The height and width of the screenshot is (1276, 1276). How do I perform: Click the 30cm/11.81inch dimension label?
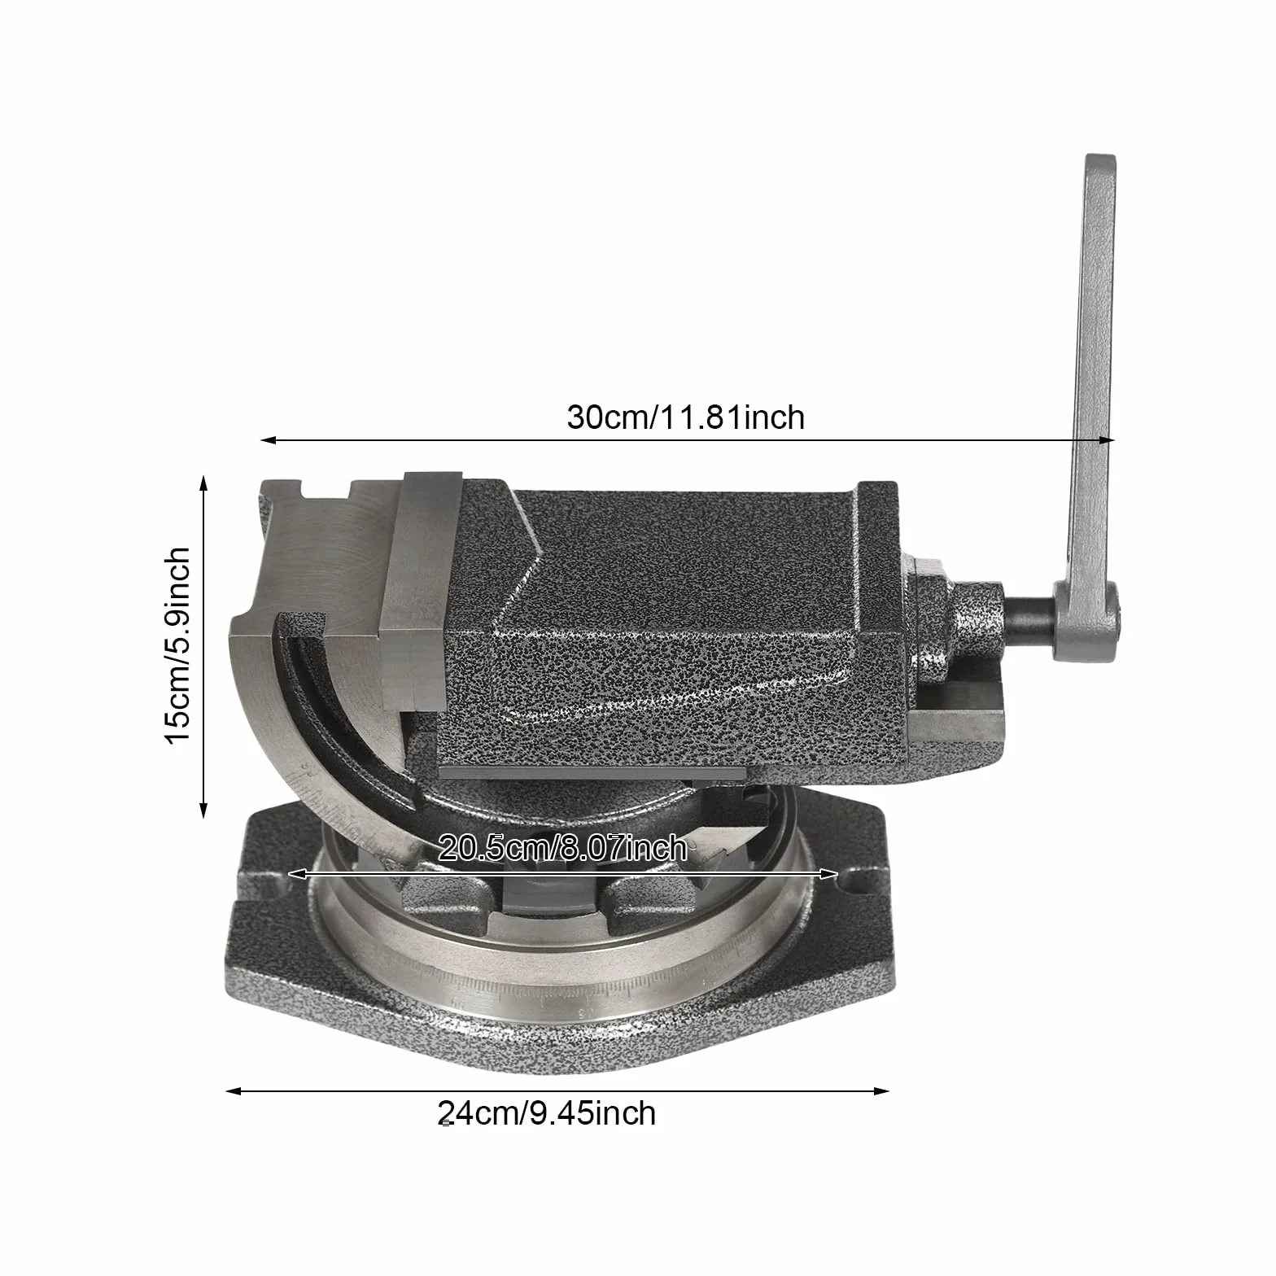tap(685, 417)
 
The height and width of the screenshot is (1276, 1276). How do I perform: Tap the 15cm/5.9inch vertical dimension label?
tap(177, 645)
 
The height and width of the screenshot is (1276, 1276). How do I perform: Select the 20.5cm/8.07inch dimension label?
tap(562, 849)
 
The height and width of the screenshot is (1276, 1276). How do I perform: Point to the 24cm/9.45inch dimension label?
tap(546, 1112)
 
